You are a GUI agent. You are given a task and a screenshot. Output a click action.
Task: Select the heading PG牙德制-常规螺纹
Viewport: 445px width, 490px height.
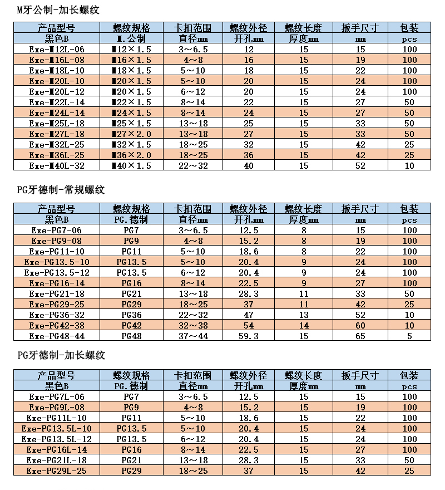click(x=61, y=190)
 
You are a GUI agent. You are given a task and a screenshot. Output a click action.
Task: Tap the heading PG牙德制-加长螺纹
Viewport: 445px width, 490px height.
click(x=61, y=355)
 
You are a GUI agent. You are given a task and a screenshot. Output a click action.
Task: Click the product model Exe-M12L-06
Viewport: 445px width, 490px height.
click(x=57, y=49)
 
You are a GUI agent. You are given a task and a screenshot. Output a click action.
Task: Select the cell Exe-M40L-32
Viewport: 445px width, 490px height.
click(x=57, y=165)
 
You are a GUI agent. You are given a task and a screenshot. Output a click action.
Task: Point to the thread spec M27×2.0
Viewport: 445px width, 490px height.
click(x=131, y=134)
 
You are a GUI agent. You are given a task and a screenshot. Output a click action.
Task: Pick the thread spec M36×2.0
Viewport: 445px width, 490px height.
click(x=131, y=155)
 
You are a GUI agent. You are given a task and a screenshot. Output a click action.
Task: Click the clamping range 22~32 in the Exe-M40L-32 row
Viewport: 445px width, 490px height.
click(x=193, y=165)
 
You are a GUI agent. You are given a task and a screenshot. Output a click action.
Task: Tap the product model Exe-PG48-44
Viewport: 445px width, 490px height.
click(x=57, y=336)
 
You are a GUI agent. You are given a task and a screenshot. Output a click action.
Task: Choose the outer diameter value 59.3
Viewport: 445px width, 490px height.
click(x=249, y=336)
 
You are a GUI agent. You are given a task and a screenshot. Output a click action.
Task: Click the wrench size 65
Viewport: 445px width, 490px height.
click(x=360, y=336)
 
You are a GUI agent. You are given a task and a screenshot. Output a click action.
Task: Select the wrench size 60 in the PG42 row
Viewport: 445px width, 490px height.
click(x=360, y=325)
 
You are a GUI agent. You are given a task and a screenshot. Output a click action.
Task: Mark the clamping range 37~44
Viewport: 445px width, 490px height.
click(x=193, y=336)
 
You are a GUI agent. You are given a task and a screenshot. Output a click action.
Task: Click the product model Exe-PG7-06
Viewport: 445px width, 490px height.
click(x=57, y=230)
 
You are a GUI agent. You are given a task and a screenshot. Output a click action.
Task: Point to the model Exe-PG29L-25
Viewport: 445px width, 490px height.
click(x=57, y=471)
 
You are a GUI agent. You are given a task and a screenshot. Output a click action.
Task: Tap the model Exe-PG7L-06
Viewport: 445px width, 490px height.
click(x=57, y=396)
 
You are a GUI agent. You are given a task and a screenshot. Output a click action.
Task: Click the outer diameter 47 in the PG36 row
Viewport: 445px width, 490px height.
click(x=249, y=315)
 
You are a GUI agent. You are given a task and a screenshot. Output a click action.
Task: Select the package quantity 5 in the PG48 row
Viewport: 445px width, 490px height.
click(x=409, y=336)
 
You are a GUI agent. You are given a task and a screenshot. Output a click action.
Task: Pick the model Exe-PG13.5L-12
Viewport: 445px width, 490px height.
click(x=57, y=439)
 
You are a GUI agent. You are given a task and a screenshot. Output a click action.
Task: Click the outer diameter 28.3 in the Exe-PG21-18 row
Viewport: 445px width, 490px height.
click(x=249, y=293)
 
